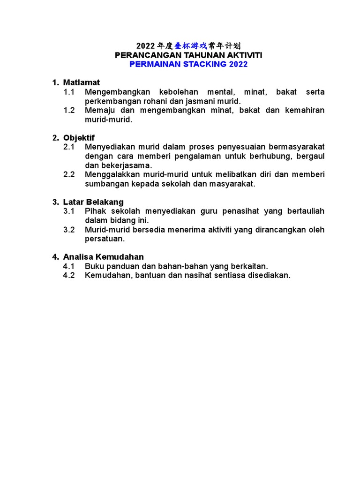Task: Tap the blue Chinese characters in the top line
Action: click(x=190, y=46)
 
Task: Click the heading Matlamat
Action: click(x=82, y=82)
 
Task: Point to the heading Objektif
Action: click(x=79, y=138)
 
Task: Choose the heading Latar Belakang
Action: click(x=93, y=202)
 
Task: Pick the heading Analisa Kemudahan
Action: click(x=103, y=257)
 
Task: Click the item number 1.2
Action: click(x=69, y=110)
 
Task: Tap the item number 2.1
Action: click(x=69, y=147)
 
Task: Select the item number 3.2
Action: click(x=69, y=230)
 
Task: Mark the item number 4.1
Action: click(x=69, y=266)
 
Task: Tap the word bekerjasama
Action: click(x=125, y=165)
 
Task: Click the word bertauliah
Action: click(x=303, y=211)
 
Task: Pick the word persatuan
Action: click(x=105, y=239)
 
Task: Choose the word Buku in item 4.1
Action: click(x=93, y=266)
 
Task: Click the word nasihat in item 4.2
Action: click(x=199, y=275)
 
